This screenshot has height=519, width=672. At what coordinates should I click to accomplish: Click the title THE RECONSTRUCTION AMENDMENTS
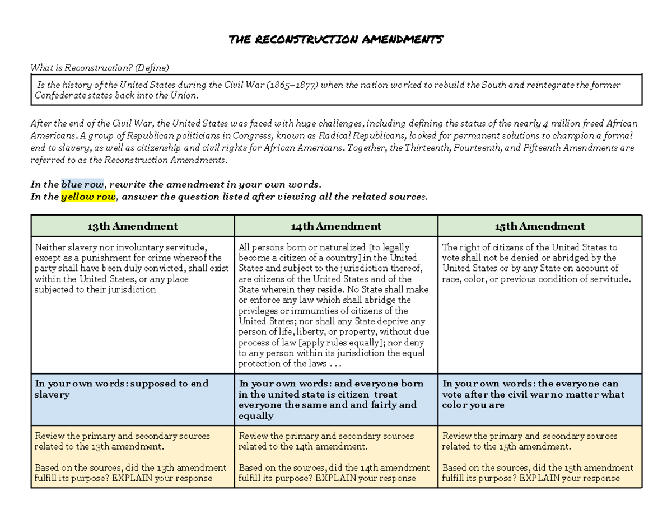tap(336, 40)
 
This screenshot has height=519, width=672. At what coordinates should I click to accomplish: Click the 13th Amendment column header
tap(132, 226)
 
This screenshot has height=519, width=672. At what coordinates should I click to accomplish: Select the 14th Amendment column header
tap(336, 226)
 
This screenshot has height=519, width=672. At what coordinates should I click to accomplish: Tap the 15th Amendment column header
tap(539, 226)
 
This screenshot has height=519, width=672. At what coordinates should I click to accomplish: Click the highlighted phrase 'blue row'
tap(82, 185)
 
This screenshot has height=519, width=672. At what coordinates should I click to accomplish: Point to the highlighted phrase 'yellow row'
tap(88, 197)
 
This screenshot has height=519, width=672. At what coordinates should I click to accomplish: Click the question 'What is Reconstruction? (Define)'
tap(99, 68)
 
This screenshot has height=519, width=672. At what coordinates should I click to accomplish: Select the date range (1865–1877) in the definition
tap(291, 85)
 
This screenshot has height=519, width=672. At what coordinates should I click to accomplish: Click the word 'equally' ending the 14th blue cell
tap(256, 416)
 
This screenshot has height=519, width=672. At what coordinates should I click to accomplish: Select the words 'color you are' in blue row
tap(473, 405)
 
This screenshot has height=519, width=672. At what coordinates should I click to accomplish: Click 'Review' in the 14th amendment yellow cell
tap(253, 436)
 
